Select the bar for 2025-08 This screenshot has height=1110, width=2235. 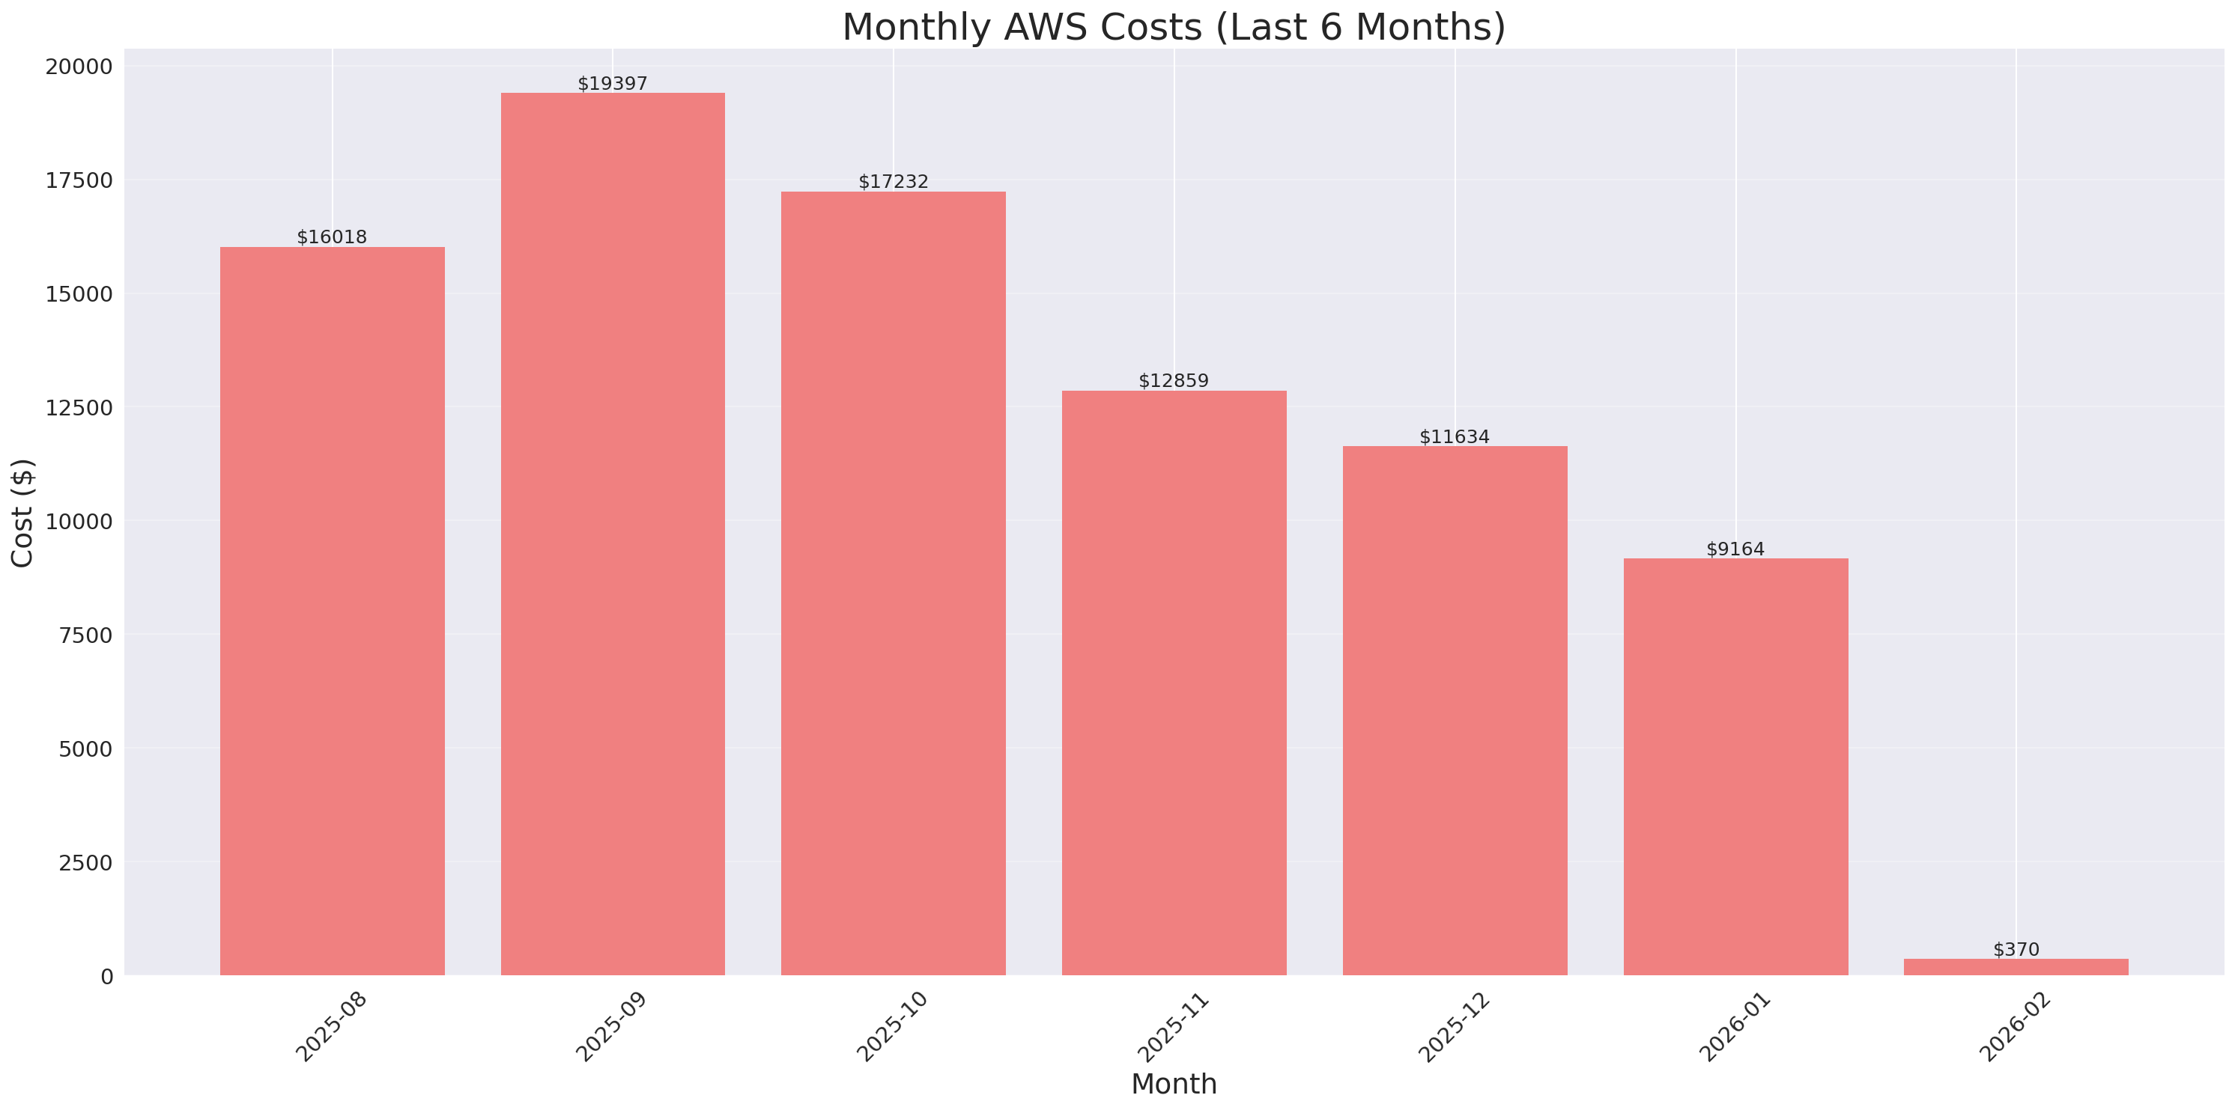[x=333, y=612]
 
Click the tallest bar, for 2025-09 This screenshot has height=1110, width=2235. [x=613, y=534]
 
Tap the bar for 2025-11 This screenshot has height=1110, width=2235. [x=1174, y=683]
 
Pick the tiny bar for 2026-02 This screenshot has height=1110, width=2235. [x=2016, y=967]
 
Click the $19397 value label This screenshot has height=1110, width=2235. [x=613, y=83]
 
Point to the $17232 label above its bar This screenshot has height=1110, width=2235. [x=893, y=181]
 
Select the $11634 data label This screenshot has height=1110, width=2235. [x=1454, y=436]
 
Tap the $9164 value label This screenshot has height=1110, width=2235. [x=1735, y=549]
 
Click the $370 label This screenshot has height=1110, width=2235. [x=2016, y=949]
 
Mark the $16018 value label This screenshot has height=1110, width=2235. [x=333, y=237]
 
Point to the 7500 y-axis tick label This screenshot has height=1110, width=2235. [x=86, y=635]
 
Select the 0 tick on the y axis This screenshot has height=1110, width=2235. [x=106, y=977]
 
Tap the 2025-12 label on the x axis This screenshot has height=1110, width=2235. [x=1453, y=1027]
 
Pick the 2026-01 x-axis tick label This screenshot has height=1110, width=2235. [x=1735, y=1027]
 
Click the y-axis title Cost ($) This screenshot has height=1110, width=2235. [x=22, y=513]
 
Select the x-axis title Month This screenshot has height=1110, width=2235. [x=1174, y=1084]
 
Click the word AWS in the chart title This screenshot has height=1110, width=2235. [x=1047, y=27]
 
